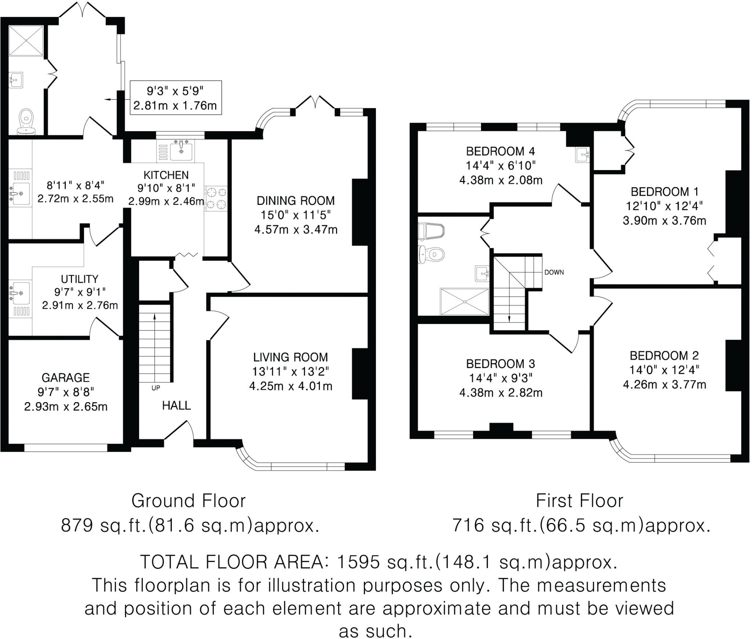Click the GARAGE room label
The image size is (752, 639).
tap(66, 378)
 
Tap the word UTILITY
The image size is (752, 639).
tap(79, 279)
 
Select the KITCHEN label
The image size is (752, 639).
tap(166, 175)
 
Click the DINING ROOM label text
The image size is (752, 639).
tap(296, 201)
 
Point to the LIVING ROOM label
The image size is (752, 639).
tap(290, 357)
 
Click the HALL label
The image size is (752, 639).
tap(177, 405)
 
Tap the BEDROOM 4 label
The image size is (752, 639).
tap(500, 151)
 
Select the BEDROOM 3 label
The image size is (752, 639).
tap(500, 364)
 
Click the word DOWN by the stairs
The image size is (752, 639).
tap(554, 272)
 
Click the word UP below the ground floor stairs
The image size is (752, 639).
tap(156, 388)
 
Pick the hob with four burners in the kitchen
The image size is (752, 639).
tap(216, 198)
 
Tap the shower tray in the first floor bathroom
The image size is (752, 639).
tap(464, 302)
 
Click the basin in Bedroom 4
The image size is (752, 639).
tap(582, 154)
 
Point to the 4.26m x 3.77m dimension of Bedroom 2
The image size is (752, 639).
tap(664, 385)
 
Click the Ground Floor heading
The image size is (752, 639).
tap(188, 501)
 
